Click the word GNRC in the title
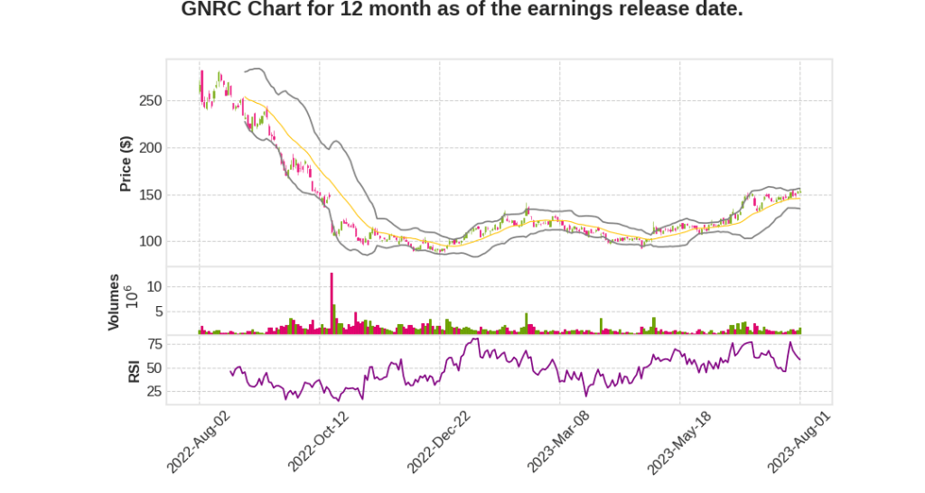[x=211, y=10]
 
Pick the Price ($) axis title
[x=126, y=163]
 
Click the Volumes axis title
[x=114, y=302]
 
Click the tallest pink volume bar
[x=332, y=303]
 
